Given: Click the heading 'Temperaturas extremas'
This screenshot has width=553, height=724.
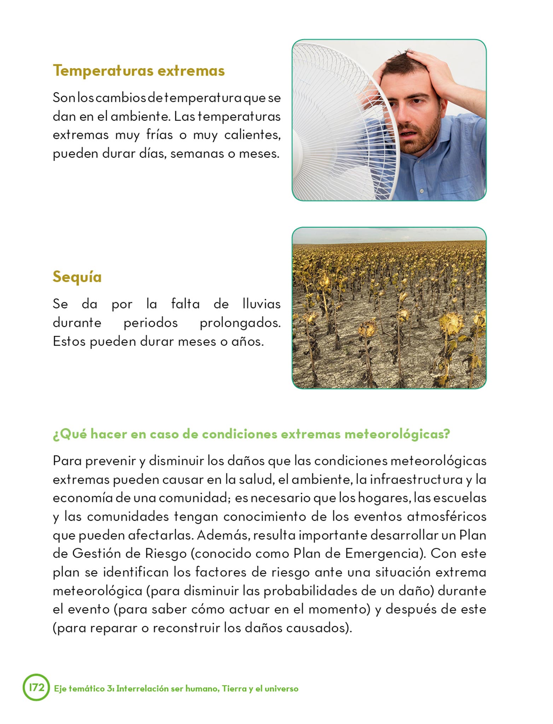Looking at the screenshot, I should pos(139,71).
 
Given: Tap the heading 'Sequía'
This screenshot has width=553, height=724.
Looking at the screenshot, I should pos(77,276).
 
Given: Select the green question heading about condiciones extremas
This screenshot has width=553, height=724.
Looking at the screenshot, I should pos(251,434).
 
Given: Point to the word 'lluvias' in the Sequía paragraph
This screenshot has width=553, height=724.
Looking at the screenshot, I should pos(262,304).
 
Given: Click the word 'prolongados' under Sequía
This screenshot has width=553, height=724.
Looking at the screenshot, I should pos(240,323).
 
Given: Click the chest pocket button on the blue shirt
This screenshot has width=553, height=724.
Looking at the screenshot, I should pos(422,191).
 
